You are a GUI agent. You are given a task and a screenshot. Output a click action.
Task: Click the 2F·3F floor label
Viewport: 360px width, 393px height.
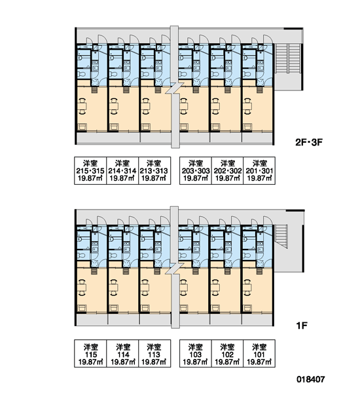pos(309,143)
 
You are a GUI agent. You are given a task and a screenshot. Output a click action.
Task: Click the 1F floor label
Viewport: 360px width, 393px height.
pos(301,326)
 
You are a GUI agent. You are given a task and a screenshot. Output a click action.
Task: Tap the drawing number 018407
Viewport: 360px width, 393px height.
pos(311,379)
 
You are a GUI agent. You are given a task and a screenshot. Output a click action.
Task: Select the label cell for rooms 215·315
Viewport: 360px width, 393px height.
pos(90,171)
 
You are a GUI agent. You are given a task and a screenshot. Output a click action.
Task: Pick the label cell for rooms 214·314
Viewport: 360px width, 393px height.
pos(122,171)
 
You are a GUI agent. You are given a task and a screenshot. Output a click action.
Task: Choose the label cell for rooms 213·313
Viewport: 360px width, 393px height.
pos(154,171)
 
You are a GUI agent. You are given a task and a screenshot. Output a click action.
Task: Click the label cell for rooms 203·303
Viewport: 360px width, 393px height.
pos(196,171)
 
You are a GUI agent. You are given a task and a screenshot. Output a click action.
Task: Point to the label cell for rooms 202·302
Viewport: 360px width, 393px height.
pos(228,171)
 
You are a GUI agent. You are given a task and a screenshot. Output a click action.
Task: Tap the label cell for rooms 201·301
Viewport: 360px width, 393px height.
pos(259,171)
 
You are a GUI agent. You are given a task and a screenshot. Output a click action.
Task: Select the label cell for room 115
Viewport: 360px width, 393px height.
pos(90,354)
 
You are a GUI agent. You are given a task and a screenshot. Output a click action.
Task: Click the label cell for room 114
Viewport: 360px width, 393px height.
pos(122,354)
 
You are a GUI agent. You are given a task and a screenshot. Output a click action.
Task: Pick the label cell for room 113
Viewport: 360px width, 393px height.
pos(154,354)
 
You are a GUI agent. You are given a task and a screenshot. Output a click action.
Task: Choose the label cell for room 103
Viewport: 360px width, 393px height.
pos(196,354)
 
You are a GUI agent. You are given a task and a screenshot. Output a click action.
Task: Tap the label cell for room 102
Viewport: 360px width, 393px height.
pos(228,354)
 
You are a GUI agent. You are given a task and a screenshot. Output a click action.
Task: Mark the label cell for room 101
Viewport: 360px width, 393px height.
pos(259,354)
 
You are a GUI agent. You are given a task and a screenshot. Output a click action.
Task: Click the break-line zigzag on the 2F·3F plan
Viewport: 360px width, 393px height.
pos(175,88)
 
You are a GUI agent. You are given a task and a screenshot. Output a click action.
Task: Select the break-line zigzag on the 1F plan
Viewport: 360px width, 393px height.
pos(175,269)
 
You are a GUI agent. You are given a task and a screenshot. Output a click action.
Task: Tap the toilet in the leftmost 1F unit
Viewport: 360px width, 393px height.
pos(81,255)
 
